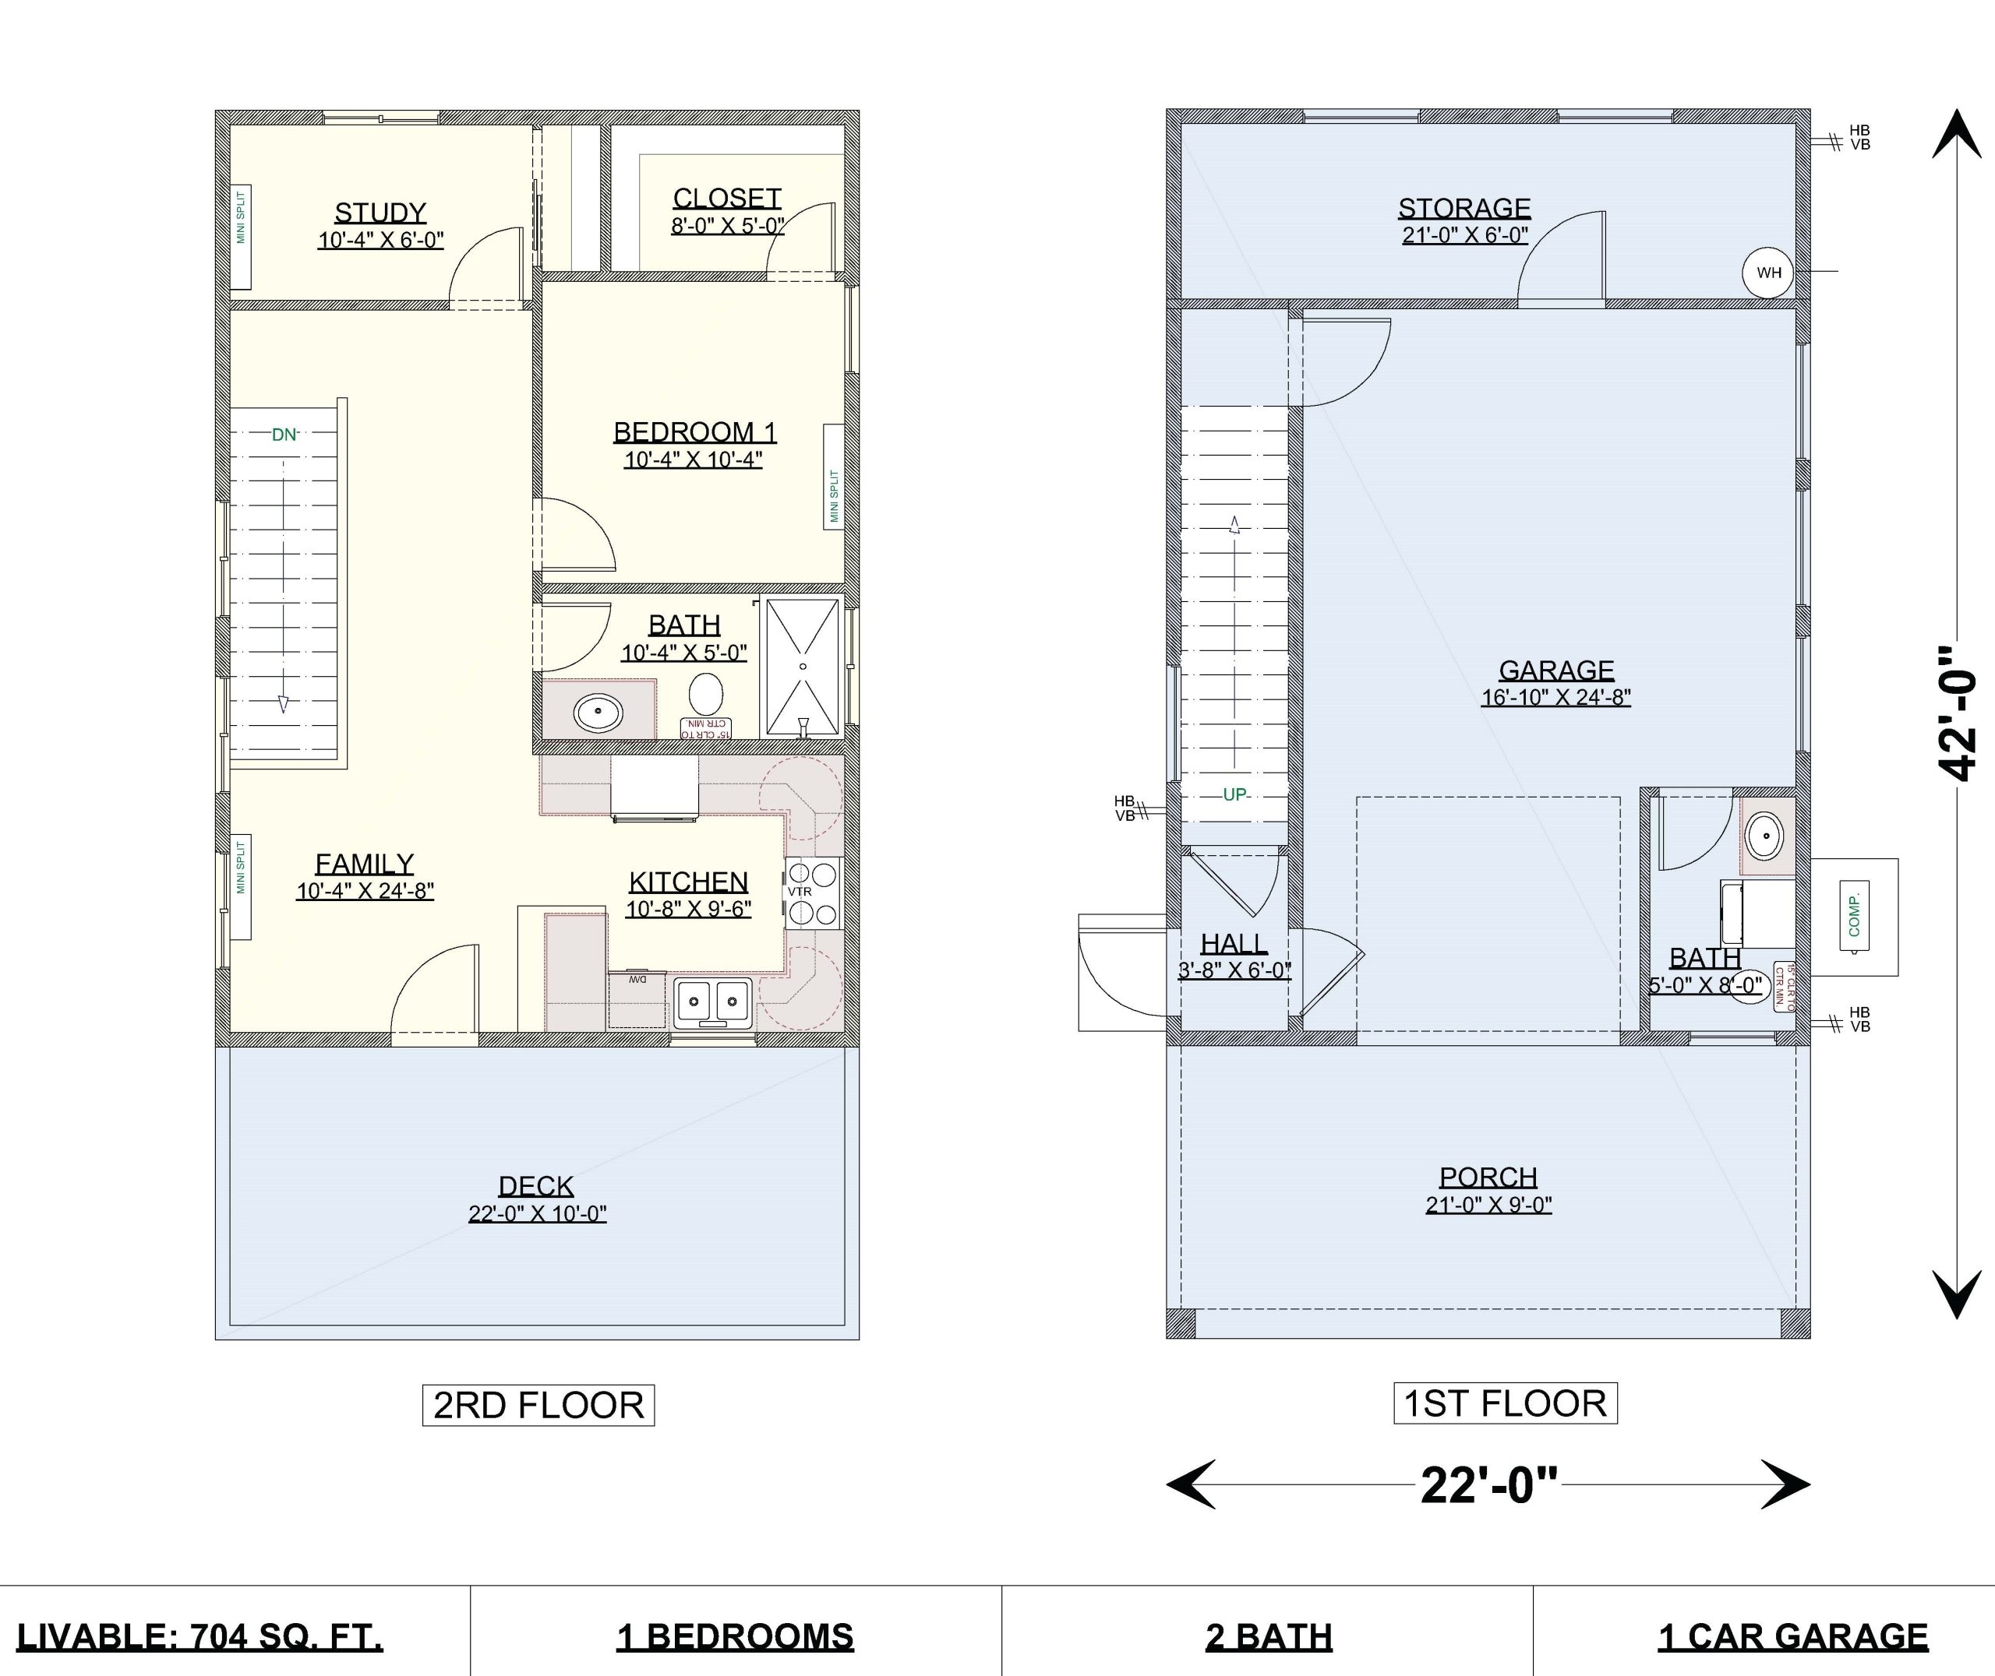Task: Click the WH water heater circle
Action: click(x=1768, y=273)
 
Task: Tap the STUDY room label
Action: click(x=380, y=212)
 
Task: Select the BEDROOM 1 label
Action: click(x=695, y=432)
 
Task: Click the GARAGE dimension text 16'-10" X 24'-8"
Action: click(x=1556, y=697)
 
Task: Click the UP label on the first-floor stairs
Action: click(x=1234, y=794)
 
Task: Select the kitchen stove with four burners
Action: click(x=814, y=893)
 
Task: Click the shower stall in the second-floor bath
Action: click(x=803, y=666)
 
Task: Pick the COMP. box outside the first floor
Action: click(x=1853, y=916)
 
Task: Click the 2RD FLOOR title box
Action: click(x=538, y=1405)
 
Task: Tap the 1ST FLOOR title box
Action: click(x=1505, y=1403)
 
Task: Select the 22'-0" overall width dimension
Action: click(x=1489, y=1484)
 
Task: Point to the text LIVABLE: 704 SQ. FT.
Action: click(x=199, y=1636)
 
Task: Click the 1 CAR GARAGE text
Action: click(x=1792, y=1636)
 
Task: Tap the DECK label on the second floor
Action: click(x=536, y=1186)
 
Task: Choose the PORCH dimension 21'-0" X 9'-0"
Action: click(x=1488, y=1205)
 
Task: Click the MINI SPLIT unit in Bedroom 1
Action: click(x=834, y=477)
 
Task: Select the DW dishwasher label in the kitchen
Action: click(x=636, y=979)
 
